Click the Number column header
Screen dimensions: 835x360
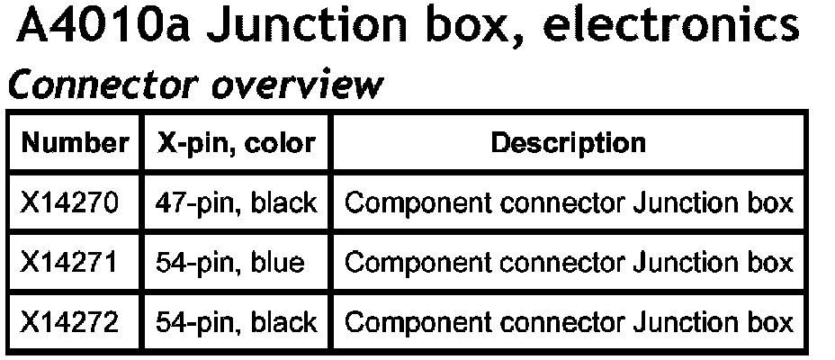[75, 143]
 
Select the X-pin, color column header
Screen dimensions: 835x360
[237, 143]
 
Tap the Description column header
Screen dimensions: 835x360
[568, 143]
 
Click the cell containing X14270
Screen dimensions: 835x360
[69, 202]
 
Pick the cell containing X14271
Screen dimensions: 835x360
[69, 262]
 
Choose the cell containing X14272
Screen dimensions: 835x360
[69, 321]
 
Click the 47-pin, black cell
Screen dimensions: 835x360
[237, 202]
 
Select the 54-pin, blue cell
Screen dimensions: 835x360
[229, 262]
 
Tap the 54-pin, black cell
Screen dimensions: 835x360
[237, 321]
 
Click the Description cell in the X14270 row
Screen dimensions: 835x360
[569, 202]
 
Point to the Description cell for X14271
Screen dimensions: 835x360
[569, 262]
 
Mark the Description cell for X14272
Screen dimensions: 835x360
[569, 321]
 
